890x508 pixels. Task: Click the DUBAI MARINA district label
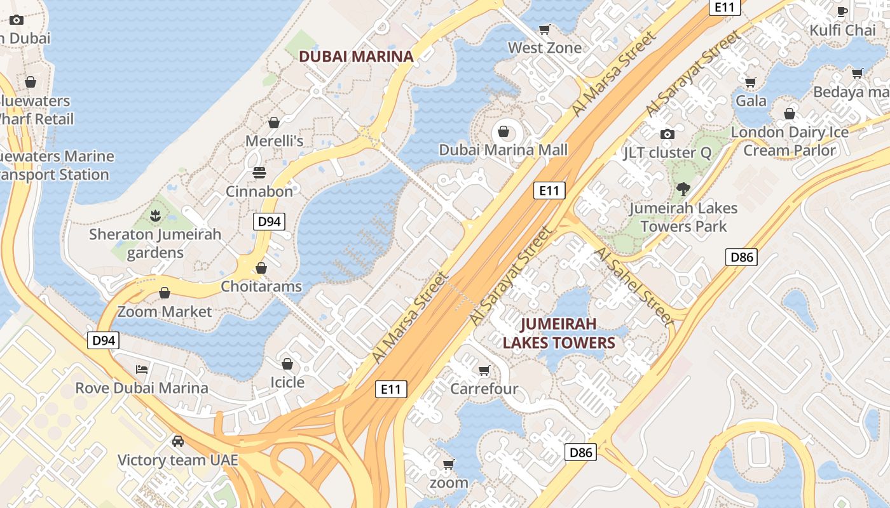(356, 56)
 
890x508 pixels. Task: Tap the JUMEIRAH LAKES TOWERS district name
(559, 334)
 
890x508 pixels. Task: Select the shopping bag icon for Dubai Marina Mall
(503, 131)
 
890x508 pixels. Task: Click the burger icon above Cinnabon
(259, 173)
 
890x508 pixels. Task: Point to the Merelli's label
(275, 141)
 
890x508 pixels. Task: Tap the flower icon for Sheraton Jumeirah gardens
(155, 216)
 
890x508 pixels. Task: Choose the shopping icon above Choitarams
(261, 268)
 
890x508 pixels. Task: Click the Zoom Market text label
(165, 312)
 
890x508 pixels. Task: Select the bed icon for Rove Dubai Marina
(142, 369)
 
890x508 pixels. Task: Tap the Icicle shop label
(287, 382)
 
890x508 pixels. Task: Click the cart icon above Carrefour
(484, 370)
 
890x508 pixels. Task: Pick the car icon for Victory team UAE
(178, 441)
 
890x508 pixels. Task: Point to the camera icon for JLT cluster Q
(667, 134)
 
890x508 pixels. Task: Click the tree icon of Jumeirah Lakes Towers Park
(683, 189)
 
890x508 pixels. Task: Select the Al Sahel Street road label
(634, 286)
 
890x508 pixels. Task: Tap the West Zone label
(544, 48)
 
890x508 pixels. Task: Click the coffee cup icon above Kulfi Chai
(842, 11)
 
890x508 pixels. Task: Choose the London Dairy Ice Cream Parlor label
(789, 141)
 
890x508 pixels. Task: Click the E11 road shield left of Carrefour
(390, 389)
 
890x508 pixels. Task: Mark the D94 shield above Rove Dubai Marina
(103, 340)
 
